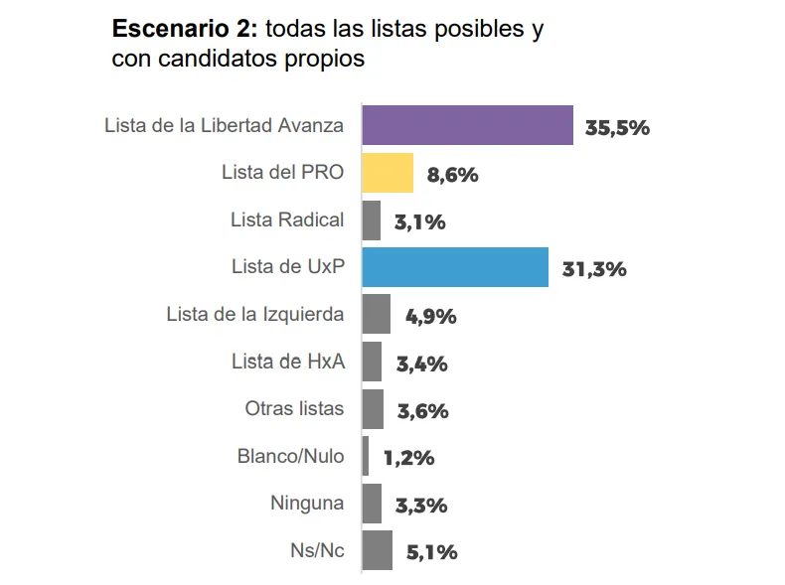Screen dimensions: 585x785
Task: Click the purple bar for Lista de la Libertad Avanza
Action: tap(467, 125)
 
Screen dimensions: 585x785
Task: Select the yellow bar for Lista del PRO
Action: tap(388, 173)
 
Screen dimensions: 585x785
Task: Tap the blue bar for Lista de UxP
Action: tap(455, 267)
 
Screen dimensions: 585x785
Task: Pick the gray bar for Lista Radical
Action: tap(372, 220)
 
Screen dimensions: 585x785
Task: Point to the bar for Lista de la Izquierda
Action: tap(376, 315)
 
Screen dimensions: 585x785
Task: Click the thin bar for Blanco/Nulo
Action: tap(366, 457)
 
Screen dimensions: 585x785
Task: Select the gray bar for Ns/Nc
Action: tap(378, 551)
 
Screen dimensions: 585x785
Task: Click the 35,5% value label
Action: tap(617, 127)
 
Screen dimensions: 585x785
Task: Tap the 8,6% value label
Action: tap(452, 175)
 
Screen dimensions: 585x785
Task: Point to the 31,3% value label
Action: tap(593, 269)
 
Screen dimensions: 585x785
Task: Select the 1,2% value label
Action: tap(408, 459)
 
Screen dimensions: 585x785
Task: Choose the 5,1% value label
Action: tap(431, 553)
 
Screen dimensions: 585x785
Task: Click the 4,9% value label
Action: tap(430, 317)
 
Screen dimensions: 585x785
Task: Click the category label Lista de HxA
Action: tap(288, 362)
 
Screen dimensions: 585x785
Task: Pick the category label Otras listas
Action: tap(294, 408)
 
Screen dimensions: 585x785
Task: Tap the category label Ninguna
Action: tap(307, 503)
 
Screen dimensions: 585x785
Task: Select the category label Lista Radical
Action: tap(287, 219)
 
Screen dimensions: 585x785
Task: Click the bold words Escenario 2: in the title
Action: tap(185, 29)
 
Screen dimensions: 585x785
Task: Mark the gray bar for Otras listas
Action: tap(373, 409)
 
